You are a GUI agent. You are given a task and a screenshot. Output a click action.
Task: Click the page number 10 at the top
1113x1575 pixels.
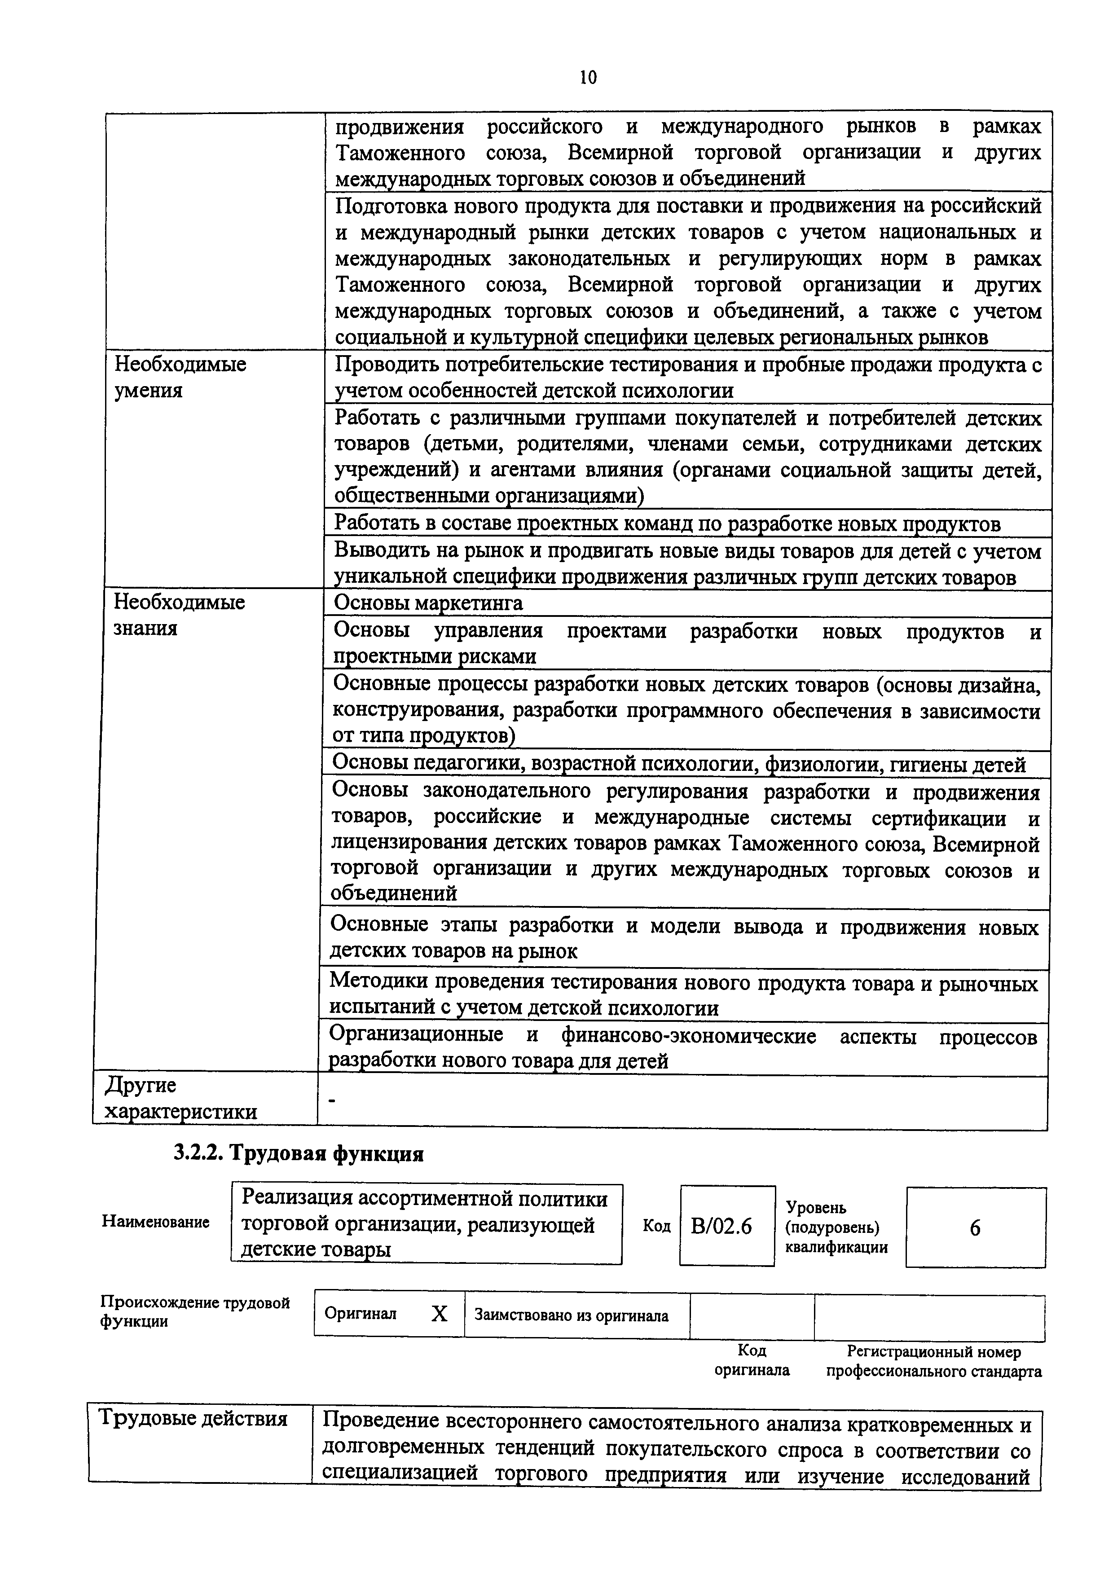[x=588, y=78]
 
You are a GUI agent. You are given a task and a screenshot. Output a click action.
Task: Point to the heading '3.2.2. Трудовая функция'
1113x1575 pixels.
[x=298, y=1154]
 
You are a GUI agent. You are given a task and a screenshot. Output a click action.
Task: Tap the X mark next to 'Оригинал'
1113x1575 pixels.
[x=439, y=1314]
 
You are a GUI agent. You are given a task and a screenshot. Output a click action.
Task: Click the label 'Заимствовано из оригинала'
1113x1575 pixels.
[x=571, y=1315]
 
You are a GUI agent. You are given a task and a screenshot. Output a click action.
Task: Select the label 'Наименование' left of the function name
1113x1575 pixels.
[x=156, y=1222]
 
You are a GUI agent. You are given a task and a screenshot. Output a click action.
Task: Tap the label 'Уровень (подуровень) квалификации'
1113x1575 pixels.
[x=836, y=1227]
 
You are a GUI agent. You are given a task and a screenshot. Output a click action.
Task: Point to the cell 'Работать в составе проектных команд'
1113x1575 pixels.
[x=667, y=524]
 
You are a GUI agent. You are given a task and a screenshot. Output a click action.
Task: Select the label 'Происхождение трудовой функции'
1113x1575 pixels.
[x=195, y=1311]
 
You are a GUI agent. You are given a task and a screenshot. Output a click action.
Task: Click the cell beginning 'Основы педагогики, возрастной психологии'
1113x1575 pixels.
[x=679, y=764]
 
